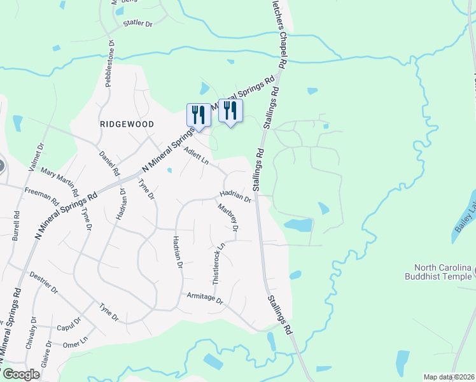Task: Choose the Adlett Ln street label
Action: (196, 157)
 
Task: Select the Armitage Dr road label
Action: (205, 299)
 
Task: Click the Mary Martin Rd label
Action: (60, 182)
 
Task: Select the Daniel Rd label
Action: (109, 163)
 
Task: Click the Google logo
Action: (21, 374)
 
